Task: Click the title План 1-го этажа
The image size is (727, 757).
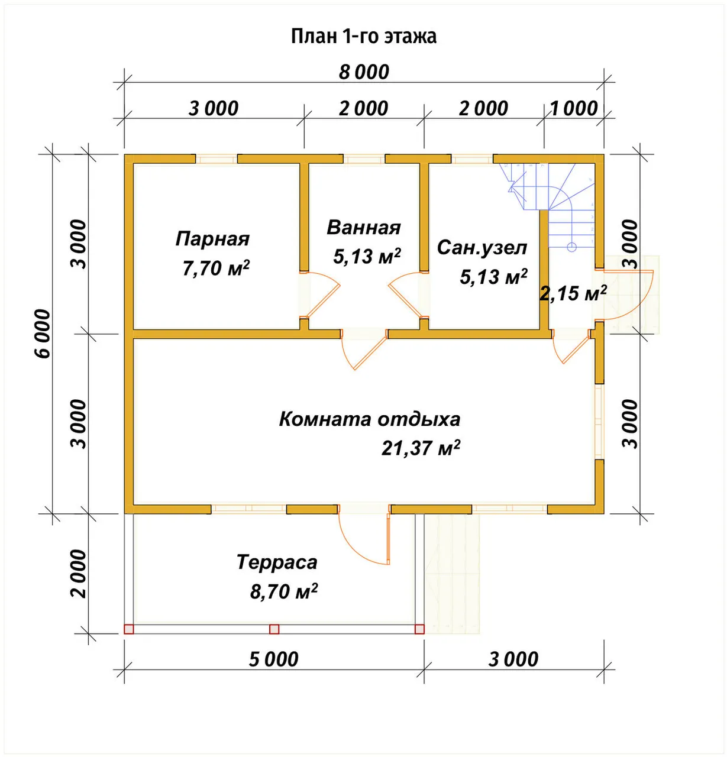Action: [363, 37]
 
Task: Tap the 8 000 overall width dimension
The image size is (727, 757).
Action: [363, 72]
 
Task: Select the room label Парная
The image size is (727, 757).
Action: [212, 239]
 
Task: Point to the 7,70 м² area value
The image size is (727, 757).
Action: [215, 268]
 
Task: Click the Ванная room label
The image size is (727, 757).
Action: [363, 228]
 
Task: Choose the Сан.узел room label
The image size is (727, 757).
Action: [482, 248]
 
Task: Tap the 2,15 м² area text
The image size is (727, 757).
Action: [573, 293]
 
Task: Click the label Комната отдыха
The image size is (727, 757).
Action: [369, 419]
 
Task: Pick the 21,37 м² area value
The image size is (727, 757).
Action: [421, 448]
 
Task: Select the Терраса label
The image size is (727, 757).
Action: [277, 562]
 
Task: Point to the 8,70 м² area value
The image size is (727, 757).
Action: [284, 591]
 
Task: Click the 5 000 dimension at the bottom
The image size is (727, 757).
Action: [274, 659]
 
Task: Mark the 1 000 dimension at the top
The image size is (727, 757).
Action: [574, 109]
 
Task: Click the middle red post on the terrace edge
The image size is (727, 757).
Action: [274, 629]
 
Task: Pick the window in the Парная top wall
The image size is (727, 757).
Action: [217, 158]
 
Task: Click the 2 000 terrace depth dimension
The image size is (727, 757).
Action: [79, 574]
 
